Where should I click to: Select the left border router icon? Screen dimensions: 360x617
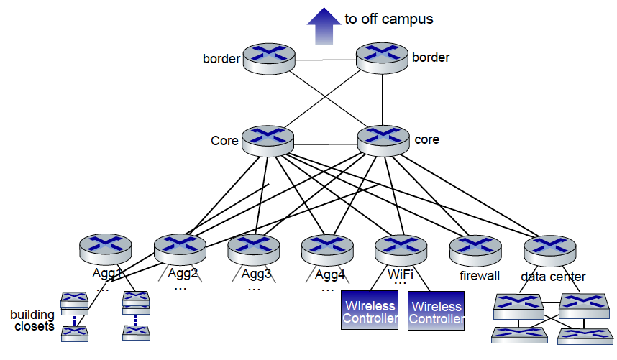pyautogui.click(x=268, y=57)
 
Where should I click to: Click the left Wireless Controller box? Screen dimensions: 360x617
pyautogui.click(x=369, y=310)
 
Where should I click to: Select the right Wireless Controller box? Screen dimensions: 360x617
pyautogui.click(x=436, y=310)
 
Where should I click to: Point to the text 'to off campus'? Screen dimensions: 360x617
pyautogui.click(x=388, y=19)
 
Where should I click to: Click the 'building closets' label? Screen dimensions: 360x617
pyautogui.click(x=32, y=320)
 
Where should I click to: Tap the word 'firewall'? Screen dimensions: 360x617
pyautogui.click(x=479, y=276)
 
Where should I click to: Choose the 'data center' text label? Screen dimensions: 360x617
pyautogui.click(x=553, y=276)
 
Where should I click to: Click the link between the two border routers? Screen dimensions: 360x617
pyautogui.click(x=325, y=59)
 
